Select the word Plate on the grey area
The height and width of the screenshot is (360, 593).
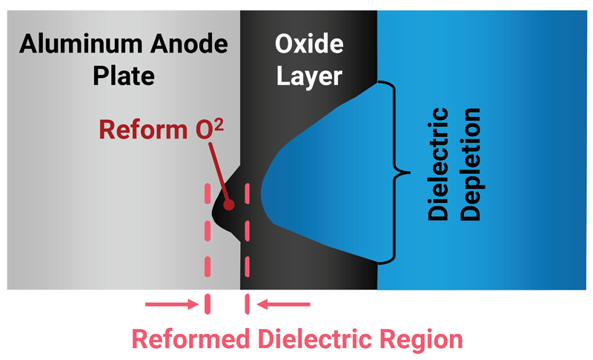[123, 76]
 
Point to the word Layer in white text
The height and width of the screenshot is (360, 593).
[309, 76]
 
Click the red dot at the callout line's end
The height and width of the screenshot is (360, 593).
[230, 203]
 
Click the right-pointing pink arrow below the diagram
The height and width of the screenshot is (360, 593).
[173, 304]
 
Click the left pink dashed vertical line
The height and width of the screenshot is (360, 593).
[207, 244]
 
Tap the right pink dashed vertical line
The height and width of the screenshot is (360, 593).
[247, 244]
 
